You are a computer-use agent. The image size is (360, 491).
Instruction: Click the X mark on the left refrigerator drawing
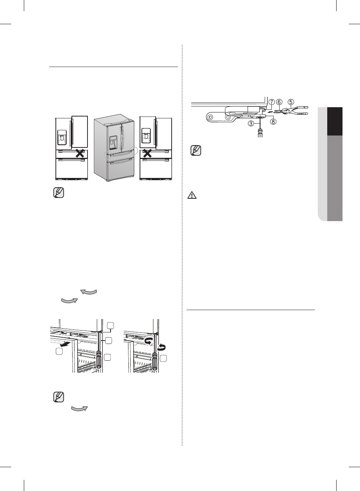[x=79, y=153]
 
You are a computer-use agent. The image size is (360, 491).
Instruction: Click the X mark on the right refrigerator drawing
[x=148, y=153]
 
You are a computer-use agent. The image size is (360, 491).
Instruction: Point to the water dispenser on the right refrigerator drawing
[x=146, y=137]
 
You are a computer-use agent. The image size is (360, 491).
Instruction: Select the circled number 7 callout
[x=271, y=102]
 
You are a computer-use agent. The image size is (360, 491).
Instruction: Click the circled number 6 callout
[x=279, y=102]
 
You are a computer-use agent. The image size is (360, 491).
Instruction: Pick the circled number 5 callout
[x=290, y=102]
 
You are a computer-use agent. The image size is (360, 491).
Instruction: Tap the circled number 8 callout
[x=274, y=121]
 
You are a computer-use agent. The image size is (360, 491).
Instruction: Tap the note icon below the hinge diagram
[x=195, y=151]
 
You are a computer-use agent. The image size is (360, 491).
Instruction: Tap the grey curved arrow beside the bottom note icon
[x=79, y=409]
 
